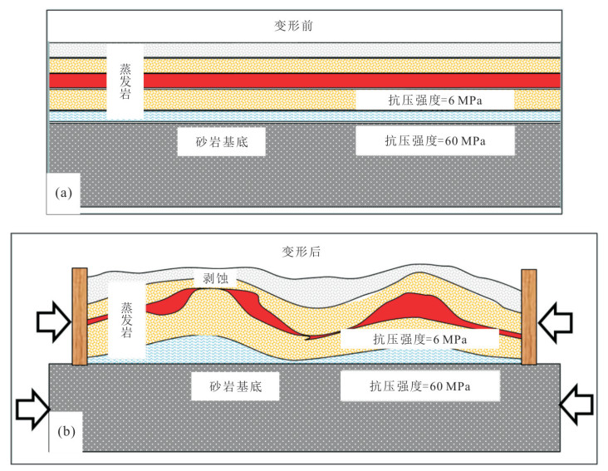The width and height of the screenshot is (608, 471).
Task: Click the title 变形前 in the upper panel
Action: (x=293, y=26)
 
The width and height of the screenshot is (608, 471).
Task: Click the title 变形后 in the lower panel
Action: (x=301, y=252)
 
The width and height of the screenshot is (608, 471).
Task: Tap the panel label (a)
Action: (x=64, y=193)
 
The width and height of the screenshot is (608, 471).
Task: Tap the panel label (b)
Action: (x=66, y=431)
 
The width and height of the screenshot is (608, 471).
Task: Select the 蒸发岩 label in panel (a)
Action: (x=125, y=81)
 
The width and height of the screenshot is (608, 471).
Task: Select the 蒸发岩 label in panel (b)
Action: (x=126, y=320)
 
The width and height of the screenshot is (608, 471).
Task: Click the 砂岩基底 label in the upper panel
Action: (x=222, y=142)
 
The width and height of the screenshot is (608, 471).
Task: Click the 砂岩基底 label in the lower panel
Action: (x=235, y=386)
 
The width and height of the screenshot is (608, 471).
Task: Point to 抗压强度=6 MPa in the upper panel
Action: (x=435, y=101)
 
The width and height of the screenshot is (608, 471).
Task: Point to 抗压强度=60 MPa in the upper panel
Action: (x=435, y=140)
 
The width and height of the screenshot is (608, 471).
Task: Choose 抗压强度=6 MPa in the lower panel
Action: (x=420, y=339)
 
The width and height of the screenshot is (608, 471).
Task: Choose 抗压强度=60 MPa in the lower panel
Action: (x=420, y=386)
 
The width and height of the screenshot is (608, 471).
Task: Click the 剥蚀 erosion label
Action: (x=215, y=278)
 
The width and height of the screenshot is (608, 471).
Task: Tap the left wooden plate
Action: (x=80, y=316)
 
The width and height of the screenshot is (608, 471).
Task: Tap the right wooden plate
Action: (x=529, y=317)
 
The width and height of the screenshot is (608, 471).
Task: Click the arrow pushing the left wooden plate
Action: (x=54, y=321)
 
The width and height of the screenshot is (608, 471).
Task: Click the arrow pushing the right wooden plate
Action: (x=556, y=322)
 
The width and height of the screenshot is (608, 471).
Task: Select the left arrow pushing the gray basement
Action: (x=33, y=410)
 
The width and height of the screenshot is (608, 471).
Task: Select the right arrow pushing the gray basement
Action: (x=576, y=405)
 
